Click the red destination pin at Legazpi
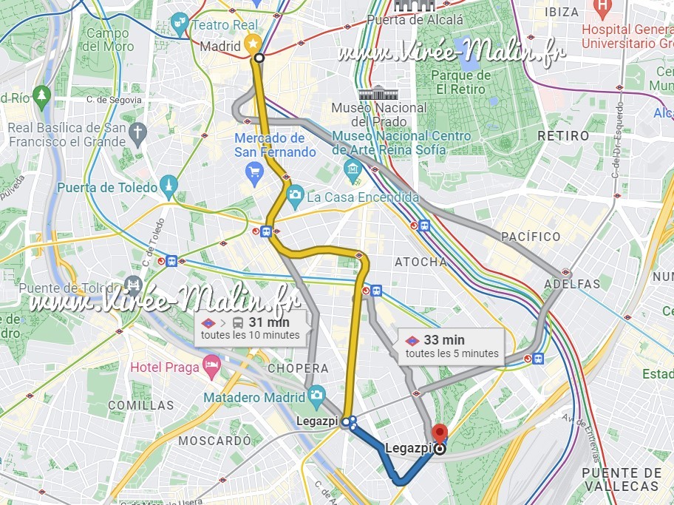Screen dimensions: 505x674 [440, 433]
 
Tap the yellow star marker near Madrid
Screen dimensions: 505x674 [252, 42]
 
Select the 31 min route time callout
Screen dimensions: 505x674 [251, 328]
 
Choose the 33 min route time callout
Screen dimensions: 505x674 [452, 345]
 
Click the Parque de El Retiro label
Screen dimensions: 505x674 [460, 82]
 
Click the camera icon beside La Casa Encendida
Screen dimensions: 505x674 [295, 196]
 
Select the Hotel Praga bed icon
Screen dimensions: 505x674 [212, 367]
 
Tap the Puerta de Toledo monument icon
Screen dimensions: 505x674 [170, 188]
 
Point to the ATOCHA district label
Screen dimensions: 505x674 [421, 262]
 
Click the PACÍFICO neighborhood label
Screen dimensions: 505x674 [531, 237]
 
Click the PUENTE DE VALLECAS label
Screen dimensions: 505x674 [621, 479]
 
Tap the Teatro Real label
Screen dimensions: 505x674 [225, 24]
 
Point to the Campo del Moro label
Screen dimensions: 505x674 [107, 40]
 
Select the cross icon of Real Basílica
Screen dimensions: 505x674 [137, 134]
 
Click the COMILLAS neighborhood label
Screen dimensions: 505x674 [140, 405]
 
